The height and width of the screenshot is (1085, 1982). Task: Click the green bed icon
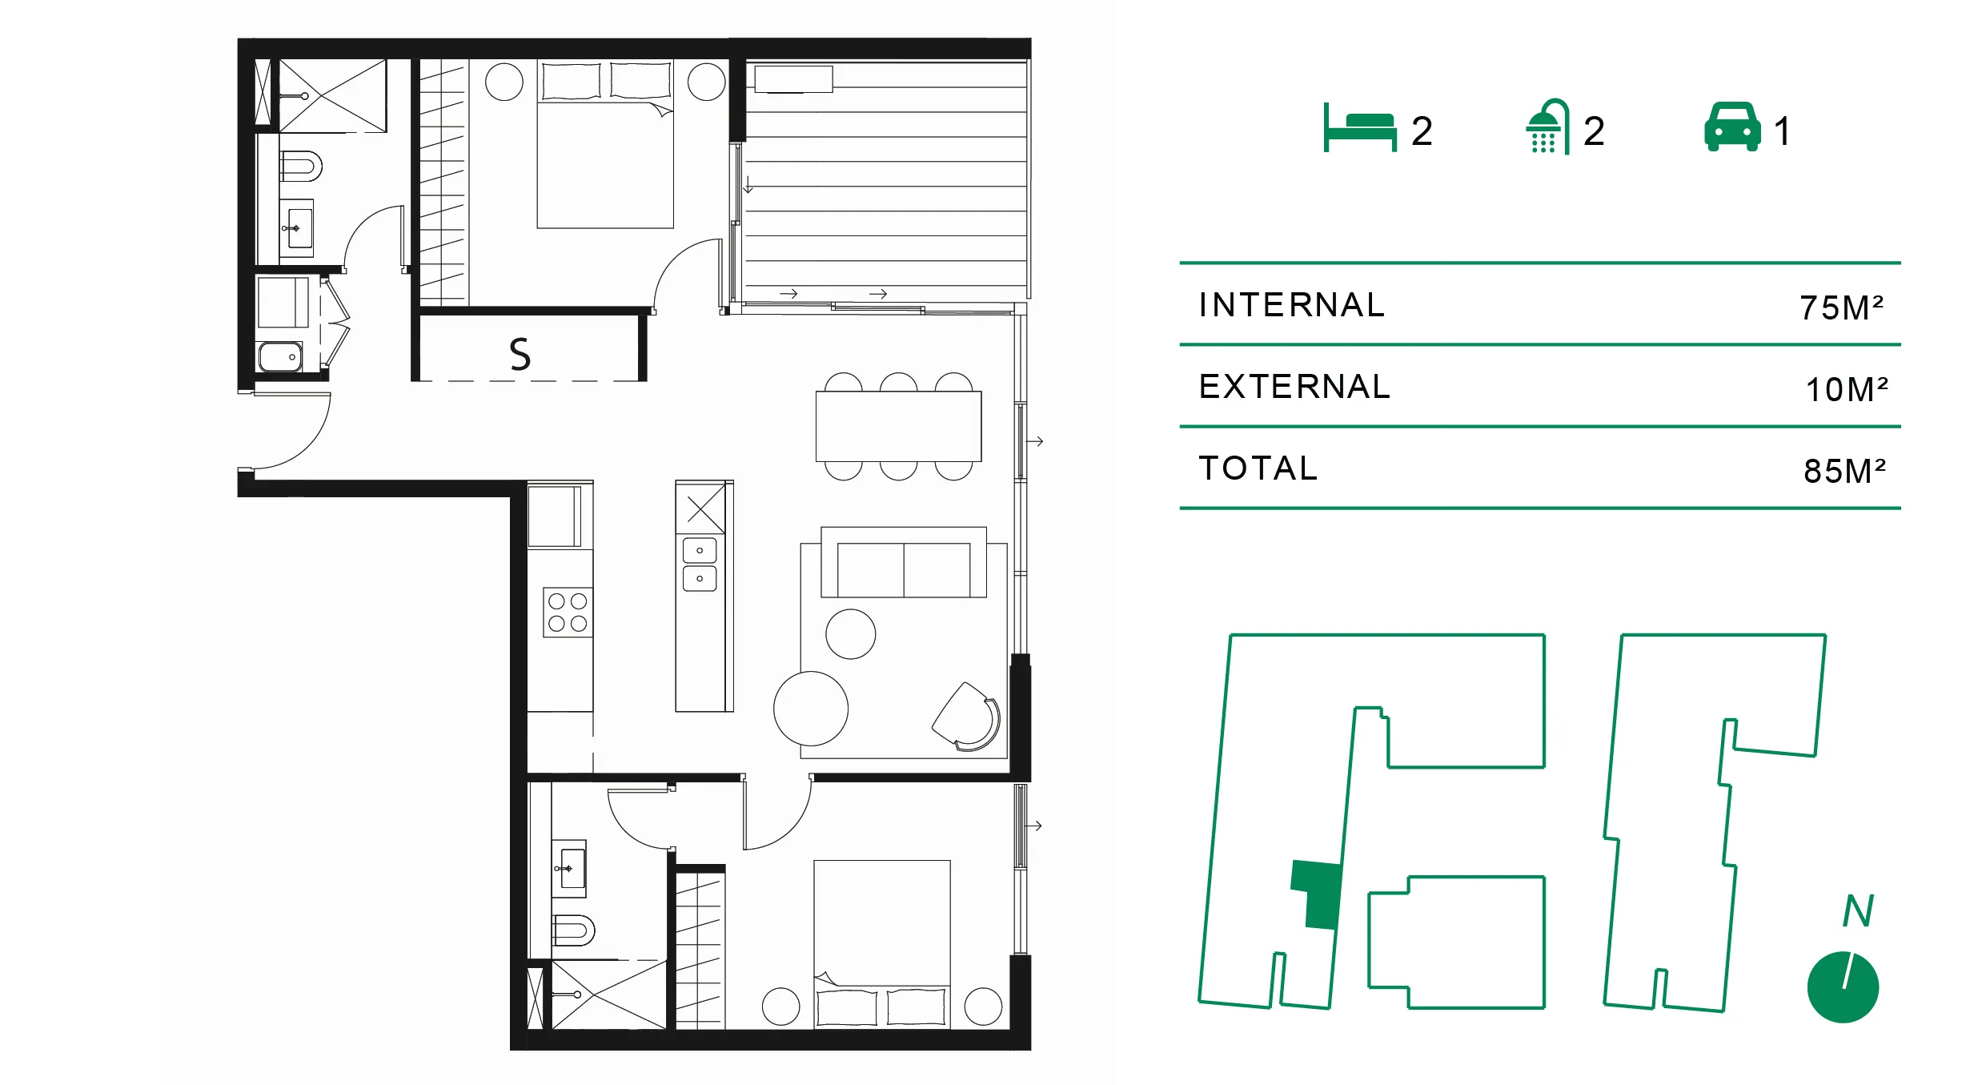tap(1359, 128)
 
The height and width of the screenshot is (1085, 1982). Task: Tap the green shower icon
tap(1547, 127)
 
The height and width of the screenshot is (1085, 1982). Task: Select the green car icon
tap(1732, 127)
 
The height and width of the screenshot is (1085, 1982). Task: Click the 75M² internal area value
tap(1841, 307)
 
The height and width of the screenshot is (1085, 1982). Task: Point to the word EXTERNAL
tap(1294, 387)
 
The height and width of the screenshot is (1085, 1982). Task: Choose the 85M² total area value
tap(1844, 471)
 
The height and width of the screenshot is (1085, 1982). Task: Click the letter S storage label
tap(520, 354)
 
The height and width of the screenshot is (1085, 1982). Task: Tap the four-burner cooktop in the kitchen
tap(568, 613)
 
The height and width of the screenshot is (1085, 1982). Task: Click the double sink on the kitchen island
tap(700, 565)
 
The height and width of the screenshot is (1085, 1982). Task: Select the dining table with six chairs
tap(898, 426)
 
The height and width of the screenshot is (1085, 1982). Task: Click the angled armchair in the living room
tap(967, 716)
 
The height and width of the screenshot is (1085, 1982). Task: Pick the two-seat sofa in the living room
tap(904, 562)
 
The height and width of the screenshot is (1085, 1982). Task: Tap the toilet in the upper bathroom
tap(301, 167)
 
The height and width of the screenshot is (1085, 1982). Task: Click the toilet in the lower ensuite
tap(573, 930)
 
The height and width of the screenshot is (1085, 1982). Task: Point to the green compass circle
tap(1843, 987)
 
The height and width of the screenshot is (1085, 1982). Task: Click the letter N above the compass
tap(1858, 910)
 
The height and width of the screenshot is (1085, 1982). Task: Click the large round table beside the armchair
tap(811, 709)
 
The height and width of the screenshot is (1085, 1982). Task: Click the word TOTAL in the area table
tap(1258, 468)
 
